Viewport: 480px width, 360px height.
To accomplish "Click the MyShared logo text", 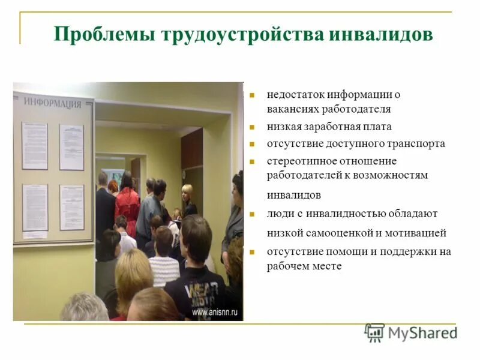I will coord(422,333).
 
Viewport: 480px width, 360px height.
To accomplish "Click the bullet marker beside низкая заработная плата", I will coord(253,127).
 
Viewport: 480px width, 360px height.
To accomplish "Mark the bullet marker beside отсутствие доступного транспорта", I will coord(253,145).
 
